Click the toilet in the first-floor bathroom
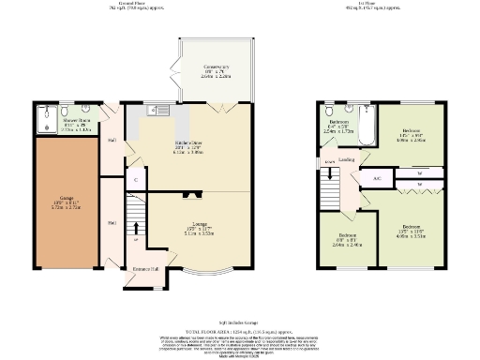[328, 112]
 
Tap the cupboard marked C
[137, 177]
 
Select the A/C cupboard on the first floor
[376, 177]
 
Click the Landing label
[346, 160]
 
